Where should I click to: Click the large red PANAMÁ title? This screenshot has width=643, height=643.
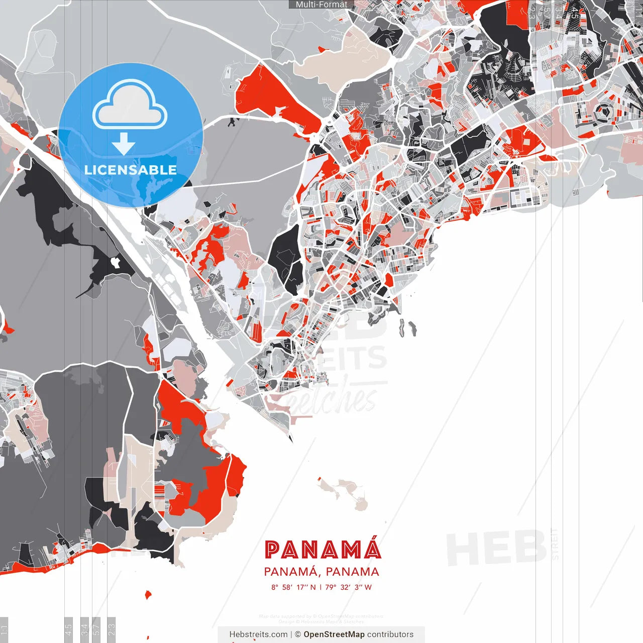(323, 550)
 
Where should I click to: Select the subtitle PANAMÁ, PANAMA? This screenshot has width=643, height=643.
(321, 572)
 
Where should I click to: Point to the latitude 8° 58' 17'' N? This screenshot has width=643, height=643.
(293, 587)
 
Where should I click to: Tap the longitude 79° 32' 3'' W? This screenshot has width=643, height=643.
(348, 587)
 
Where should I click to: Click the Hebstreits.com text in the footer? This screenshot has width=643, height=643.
(258, 634)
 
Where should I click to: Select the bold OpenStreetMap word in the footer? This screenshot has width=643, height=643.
(334, 634)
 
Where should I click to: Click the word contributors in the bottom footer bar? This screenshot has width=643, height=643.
(390, 634)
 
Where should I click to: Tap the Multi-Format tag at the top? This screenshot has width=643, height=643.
(321, 5)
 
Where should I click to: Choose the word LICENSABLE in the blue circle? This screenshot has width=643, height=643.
(131, 170)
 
